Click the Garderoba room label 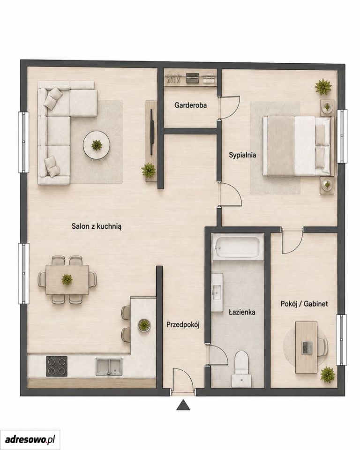click(x=190, y=105)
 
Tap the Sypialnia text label click(x=242, y=155)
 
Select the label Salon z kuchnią click(x=97, y=226)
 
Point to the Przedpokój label click(x=183, y=324)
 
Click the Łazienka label click(x=242, y=312)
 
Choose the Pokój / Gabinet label click(x=304, y=304)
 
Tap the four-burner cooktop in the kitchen click(x=57, y=366)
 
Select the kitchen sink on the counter click(x=109, y=367)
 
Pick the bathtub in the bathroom click(x=238, y=247)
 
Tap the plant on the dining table click(x=67, y=279)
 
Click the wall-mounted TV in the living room click(x=152, y=132)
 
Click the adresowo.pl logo click(x=30, y=439)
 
